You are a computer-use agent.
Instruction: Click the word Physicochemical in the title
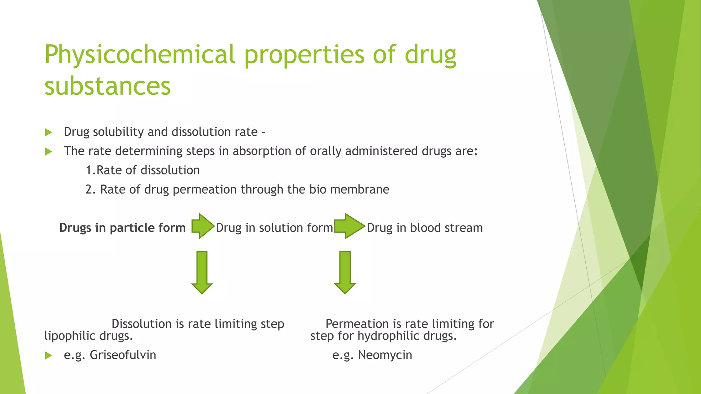click(x=140, y=55)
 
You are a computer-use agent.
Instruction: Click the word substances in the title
click(x=107, y=86)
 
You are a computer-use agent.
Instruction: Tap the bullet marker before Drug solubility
click(x=48, y=133)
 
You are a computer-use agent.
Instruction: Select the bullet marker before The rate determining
click(x=48, y=152)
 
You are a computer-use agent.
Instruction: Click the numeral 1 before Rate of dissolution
click(x=88, y=170)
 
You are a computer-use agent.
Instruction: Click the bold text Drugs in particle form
click(x=122, y=228)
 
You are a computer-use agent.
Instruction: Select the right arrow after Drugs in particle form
click(x=203, y=226)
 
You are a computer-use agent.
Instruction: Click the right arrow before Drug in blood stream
click(x=349, y=226)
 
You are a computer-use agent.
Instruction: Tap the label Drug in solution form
click(x=274, y=228)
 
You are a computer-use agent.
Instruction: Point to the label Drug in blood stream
click(x=425, y=228)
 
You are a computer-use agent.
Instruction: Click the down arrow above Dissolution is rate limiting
click(x=202, y=272)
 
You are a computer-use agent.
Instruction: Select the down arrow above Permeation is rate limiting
click(x=345, y=272)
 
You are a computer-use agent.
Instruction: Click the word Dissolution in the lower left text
click(x=141, y=324)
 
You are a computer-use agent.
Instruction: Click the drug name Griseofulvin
click(x=123, y=355)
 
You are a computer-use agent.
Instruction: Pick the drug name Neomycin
click(x=385, y=355)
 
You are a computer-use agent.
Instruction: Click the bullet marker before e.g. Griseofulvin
click(x=48, y=356)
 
